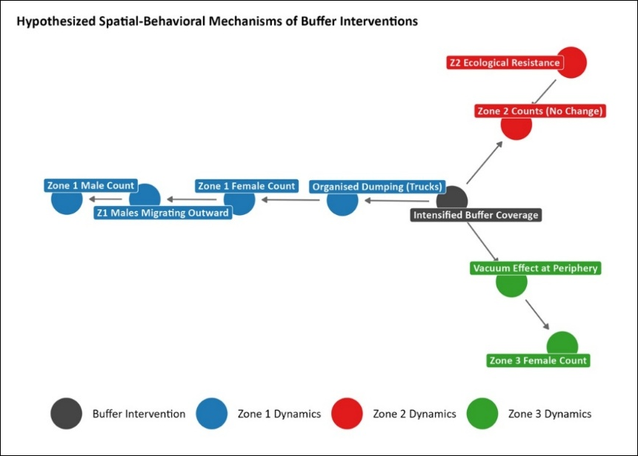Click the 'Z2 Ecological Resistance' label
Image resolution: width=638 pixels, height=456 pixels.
click(x=505, y=63)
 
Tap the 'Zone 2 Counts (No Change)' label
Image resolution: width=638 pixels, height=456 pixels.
click(x=540, y=111)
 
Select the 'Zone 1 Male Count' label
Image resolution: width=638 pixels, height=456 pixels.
click(x=90, y=185)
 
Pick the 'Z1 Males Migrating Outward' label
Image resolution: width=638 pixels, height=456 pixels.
click(x=163, y=213)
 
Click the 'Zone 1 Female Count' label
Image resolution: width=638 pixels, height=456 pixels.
click(x=247, y=186)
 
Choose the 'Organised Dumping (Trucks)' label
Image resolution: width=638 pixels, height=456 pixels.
click(x=377, y=187)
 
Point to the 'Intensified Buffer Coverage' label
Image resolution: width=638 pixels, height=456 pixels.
click(x=476, y=215)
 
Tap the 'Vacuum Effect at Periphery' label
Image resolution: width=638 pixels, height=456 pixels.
click(x=536, y=268)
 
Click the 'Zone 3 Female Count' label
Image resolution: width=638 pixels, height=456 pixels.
click(x=538, y=360)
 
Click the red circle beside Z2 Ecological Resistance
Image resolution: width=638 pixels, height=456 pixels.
click(x=572, y=62)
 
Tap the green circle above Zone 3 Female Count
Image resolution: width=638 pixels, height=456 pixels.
click(x=562, y=345)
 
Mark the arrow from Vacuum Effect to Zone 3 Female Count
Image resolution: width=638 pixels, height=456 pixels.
click(x=537, y=314)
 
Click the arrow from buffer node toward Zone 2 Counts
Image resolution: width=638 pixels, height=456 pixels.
click(x=484, y=163)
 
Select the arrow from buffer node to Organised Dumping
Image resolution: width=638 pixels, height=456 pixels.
click(x=396, y=201)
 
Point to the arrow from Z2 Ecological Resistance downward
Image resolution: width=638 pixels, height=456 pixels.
click(x=545, y=92)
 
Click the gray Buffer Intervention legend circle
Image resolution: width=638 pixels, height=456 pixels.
click(x=67, y=414)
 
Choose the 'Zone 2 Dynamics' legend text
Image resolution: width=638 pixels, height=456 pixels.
click(x=414, y=414)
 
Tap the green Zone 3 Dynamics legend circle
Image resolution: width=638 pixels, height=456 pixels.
click(x=482, y=414)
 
